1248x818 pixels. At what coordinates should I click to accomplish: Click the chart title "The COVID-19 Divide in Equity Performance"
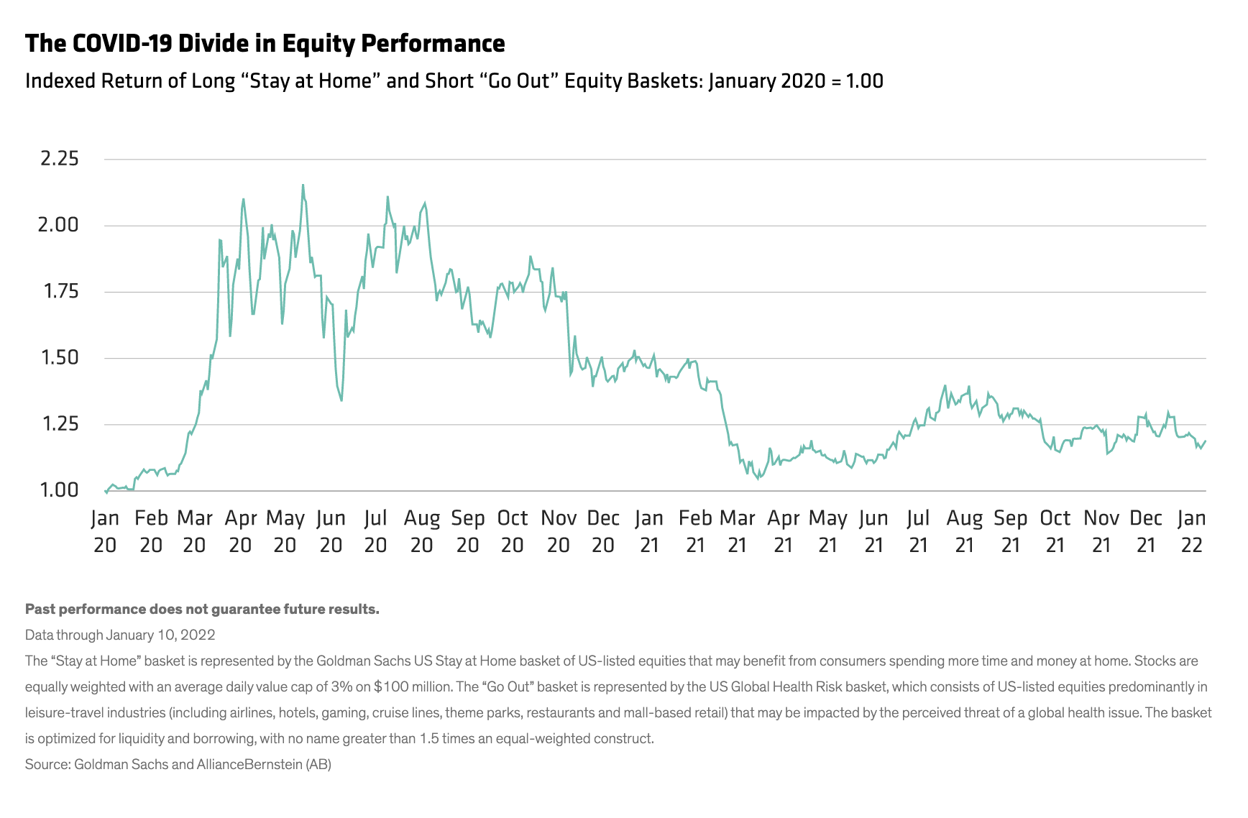pyautogui.click(x=265, y=44)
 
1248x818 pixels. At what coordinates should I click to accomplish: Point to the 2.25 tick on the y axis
pyautogui.click(x=60, y=159)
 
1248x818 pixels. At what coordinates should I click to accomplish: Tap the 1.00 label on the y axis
pyautogui.click(x=60, y=490)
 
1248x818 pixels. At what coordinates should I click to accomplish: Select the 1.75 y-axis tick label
pyautogui.click(x=60, y=291)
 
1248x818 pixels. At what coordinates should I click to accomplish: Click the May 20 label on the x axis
pyautogui.click(x=285, y=531)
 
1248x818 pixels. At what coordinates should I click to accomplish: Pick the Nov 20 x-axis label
pyautogui.click(x=559, y=531)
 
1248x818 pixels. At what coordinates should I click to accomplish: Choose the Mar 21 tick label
pyautogui.click(x=738, y=531)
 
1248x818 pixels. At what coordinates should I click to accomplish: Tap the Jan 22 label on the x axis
pyautogui.click(x=1191, y=531)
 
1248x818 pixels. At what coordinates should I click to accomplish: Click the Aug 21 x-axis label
pyautogui.click(x=965, y=531)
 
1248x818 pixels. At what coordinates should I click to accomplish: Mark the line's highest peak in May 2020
pyautogui.click(x=303, y=185)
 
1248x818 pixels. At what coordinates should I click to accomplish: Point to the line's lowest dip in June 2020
pyautogui.click(x=341, y=400)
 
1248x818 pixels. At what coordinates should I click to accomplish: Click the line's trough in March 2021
pyautogui.click(x=758, y=479)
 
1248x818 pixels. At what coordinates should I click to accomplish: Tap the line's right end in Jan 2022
pyautogui.click(x=1205, y=441)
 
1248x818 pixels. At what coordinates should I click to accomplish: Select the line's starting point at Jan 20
pyautogui.click(x=106, y=492)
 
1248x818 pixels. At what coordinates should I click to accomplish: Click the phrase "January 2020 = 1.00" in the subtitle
pyautogui.click(x=796, y=81)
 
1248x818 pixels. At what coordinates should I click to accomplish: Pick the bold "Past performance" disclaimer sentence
pyautogui.click(x=202, y=609)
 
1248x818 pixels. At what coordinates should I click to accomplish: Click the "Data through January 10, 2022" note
pyautogui.click(x=120, y=635)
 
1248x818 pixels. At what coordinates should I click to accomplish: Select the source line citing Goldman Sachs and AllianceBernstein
pyautogui.click(x=178, y=764)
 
